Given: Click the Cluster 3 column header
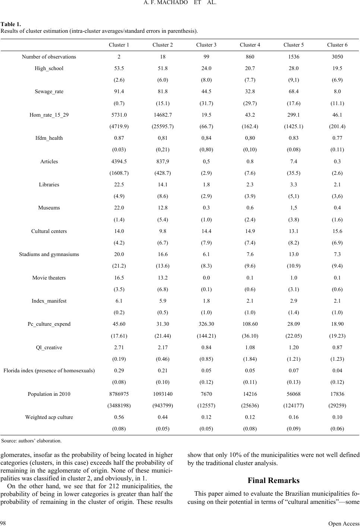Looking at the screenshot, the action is click(x=206, y=45).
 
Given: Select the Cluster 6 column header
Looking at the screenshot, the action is click(x=337, y=45).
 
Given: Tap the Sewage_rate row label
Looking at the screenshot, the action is click(x=49, y=92).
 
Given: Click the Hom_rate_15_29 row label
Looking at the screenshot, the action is click(x=49, y=115).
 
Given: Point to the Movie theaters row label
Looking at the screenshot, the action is click(x=49, y=278).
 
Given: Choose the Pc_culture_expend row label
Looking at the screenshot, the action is click(x=49, y=324).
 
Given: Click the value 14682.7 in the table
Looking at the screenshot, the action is click(x=162, y=115).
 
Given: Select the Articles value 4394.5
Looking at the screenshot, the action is click(x=119, y=161).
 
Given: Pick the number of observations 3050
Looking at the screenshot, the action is click(x=337, y=57).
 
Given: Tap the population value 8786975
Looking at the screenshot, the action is click(x=119, y=394).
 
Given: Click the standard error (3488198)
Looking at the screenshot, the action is click(x=119, y=405).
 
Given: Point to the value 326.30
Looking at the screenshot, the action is click(x=206, y=324).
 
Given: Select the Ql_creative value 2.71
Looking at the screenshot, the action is click(x=119, y=347).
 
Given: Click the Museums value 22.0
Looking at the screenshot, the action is click(x=119, y=208).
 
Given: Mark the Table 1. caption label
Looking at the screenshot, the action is click(x=11, y=24).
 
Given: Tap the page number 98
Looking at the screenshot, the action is click(x=3, y=523).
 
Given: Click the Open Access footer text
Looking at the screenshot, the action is click(x=344, y=523).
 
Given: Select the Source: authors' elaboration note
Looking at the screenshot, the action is click(x=32, y=441).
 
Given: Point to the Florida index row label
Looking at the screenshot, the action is click(x=49, y=370).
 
